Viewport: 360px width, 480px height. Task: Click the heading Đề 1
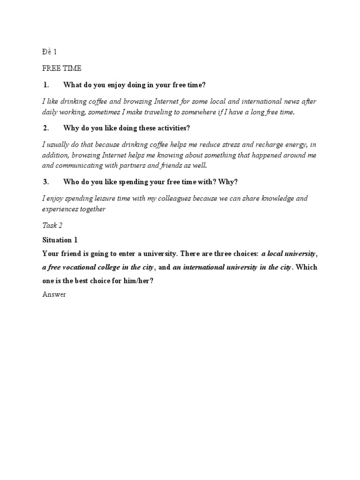[x=49, y=52]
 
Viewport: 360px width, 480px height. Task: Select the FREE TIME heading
[x=61, y=68]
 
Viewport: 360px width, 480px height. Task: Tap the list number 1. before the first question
[x=46, y=85]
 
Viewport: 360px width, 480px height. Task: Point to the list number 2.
[x=46, y=128]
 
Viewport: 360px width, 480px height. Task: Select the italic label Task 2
[x=52, y=225]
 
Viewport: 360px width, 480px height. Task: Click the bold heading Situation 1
[x=60, y=240]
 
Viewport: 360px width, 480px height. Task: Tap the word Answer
[x=54, y=295]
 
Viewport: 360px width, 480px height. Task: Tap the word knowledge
[x=273, y=198]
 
